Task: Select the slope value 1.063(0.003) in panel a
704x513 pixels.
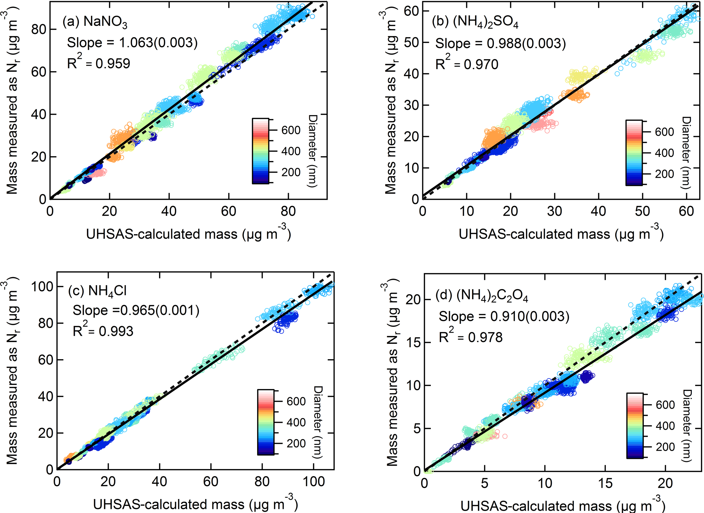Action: click(x=158, y=43)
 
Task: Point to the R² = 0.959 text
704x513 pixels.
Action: click(x=98, y=63)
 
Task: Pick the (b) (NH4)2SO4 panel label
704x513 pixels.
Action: click(x=475, y=22)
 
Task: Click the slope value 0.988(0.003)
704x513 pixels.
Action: click(x=526, y=43)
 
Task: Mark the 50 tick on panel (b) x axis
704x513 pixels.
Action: click(x=642, y=211)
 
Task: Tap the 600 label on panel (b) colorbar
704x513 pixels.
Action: click(x=664, y=132)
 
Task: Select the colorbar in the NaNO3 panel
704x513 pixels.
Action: click(x=261, y=151)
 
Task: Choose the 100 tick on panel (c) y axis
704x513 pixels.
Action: click(x=42, y=287)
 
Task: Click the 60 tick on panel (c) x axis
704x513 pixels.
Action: click(x=210, y=482)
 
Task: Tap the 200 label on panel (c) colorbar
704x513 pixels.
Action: click(x=296, y=444)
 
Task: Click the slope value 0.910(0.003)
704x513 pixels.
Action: click(x=530, y=316)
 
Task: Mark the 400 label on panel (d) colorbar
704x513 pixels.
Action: click(x=665, y=426)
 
